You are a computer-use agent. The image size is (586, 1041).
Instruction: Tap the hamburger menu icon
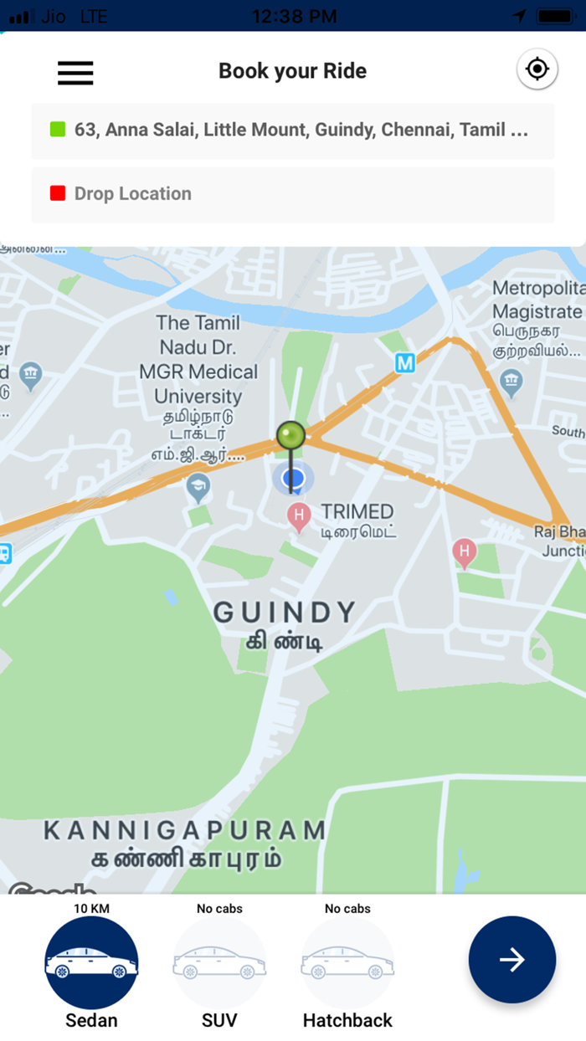(75, 73)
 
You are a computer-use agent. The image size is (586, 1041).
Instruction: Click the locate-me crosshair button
(537, 69)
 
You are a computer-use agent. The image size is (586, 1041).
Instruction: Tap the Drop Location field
(293, 194)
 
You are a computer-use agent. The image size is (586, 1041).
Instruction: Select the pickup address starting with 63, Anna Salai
(301, 131)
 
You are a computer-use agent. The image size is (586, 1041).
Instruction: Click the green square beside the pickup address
(58, 130)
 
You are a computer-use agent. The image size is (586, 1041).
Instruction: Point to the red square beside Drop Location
(58, 193)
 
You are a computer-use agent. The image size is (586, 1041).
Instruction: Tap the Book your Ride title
(292, 71)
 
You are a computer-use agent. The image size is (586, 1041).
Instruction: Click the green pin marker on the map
(291, 436)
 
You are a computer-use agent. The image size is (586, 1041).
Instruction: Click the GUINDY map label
(285, 612)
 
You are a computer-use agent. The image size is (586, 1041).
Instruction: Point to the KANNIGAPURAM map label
(184, 830)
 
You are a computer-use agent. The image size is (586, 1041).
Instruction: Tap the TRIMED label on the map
(357, 511)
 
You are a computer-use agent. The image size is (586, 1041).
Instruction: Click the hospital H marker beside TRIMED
(299, 515)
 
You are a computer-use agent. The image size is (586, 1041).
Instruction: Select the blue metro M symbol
(405, 362)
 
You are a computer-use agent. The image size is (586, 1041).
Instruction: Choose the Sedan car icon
(91, 962)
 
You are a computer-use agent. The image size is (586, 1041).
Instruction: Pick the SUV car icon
(219, 962)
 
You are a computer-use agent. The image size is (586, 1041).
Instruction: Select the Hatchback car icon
(347, 962)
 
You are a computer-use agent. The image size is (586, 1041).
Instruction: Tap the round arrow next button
(512, 960)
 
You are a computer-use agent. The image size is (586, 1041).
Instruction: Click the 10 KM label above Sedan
(91, 908)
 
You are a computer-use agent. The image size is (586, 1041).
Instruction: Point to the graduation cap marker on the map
(198, 487)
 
